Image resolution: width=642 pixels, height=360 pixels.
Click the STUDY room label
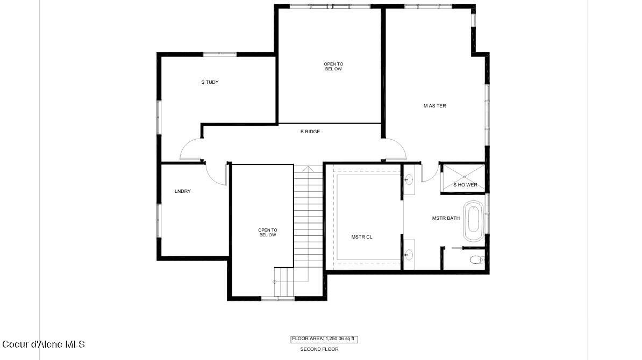tap(210, 82)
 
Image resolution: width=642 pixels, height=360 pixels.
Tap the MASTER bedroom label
tap(434, 106)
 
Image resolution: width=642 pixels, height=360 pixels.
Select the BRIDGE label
tap(310, 132)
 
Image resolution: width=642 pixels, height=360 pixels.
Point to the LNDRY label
tap(183, 191)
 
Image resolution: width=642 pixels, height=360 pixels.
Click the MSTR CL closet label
tap(361, 236)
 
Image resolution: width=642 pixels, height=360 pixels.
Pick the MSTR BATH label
tap(446, 218)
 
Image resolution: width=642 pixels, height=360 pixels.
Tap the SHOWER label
tap(465, 185)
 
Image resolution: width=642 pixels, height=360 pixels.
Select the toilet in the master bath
tap(476, 260)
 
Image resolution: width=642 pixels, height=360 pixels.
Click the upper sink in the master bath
tap(408, 179)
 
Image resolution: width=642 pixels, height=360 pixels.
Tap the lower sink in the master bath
tap(408, 253)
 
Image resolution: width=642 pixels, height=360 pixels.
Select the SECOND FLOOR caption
tap(319, 349)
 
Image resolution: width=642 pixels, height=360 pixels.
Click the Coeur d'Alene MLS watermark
tap(43, 344)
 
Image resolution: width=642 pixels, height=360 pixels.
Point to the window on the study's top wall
tap(219, 54)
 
